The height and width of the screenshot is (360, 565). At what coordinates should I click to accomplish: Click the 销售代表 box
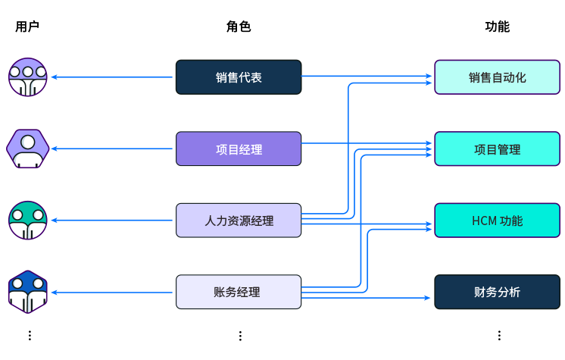pos(239,77)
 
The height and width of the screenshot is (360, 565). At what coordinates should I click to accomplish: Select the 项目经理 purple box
pos(239,149)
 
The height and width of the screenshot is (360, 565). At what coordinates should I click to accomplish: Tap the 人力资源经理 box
pos(239,221)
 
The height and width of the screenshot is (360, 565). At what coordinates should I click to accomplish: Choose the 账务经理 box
pos(239,292)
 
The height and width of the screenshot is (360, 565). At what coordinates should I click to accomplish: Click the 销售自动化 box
pos(497,77)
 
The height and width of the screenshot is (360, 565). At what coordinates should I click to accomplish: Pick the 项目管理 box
pos(497,149)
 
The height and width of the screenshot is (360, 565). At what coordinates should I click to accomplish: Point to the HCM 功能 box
pos(497,221)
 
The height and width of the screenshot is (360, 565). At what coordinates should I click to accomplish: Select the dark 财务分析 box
pos(497,292)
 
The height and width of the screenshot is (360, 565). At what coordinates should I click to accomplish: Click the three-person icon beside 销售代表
pos(28,77)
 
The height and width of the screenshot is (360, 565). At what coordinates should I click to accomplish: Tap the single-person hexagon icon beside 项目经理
pos(28,149)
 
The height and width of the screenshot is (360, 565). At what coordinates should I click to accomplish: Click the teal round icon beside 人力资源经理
pos(28,220)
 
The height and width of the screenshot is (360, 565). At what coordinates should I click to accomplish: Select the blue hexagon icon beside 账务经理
pos(28,292)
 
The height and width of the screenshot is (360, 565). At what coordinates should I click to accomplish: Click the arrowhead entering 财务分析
pos(428,298)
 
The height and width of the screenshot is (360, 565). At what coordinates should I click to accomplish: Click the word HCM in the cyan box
pos(484,221)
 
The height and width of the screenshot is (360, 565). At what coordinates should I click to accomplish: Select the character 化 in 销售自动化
pos(520,77)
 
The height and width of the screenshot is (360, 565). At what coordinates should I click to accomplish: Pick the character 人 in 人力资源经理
pos(211,221)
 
